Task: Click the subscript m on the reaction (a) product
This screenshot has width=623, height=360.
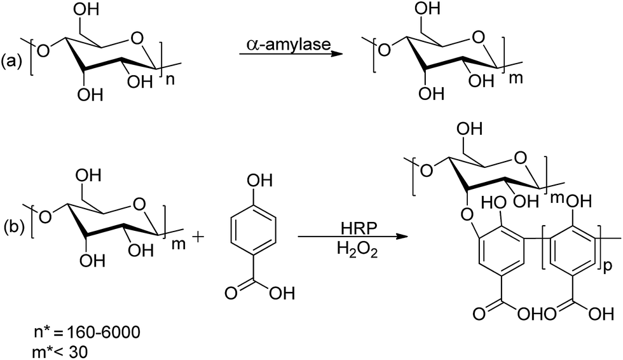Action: pos(516,78)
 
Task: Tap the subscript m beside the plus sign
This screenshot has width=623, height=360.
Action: pos(179,244)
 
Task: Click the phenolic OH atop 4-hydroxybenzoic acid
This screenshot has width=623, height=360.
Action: pos(260,181)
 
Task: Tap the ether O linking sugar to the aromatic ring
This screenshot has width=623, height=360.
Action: pos(467,216)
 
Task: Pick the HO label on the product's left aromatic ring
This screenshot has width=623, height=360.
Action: pos(494,204)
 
